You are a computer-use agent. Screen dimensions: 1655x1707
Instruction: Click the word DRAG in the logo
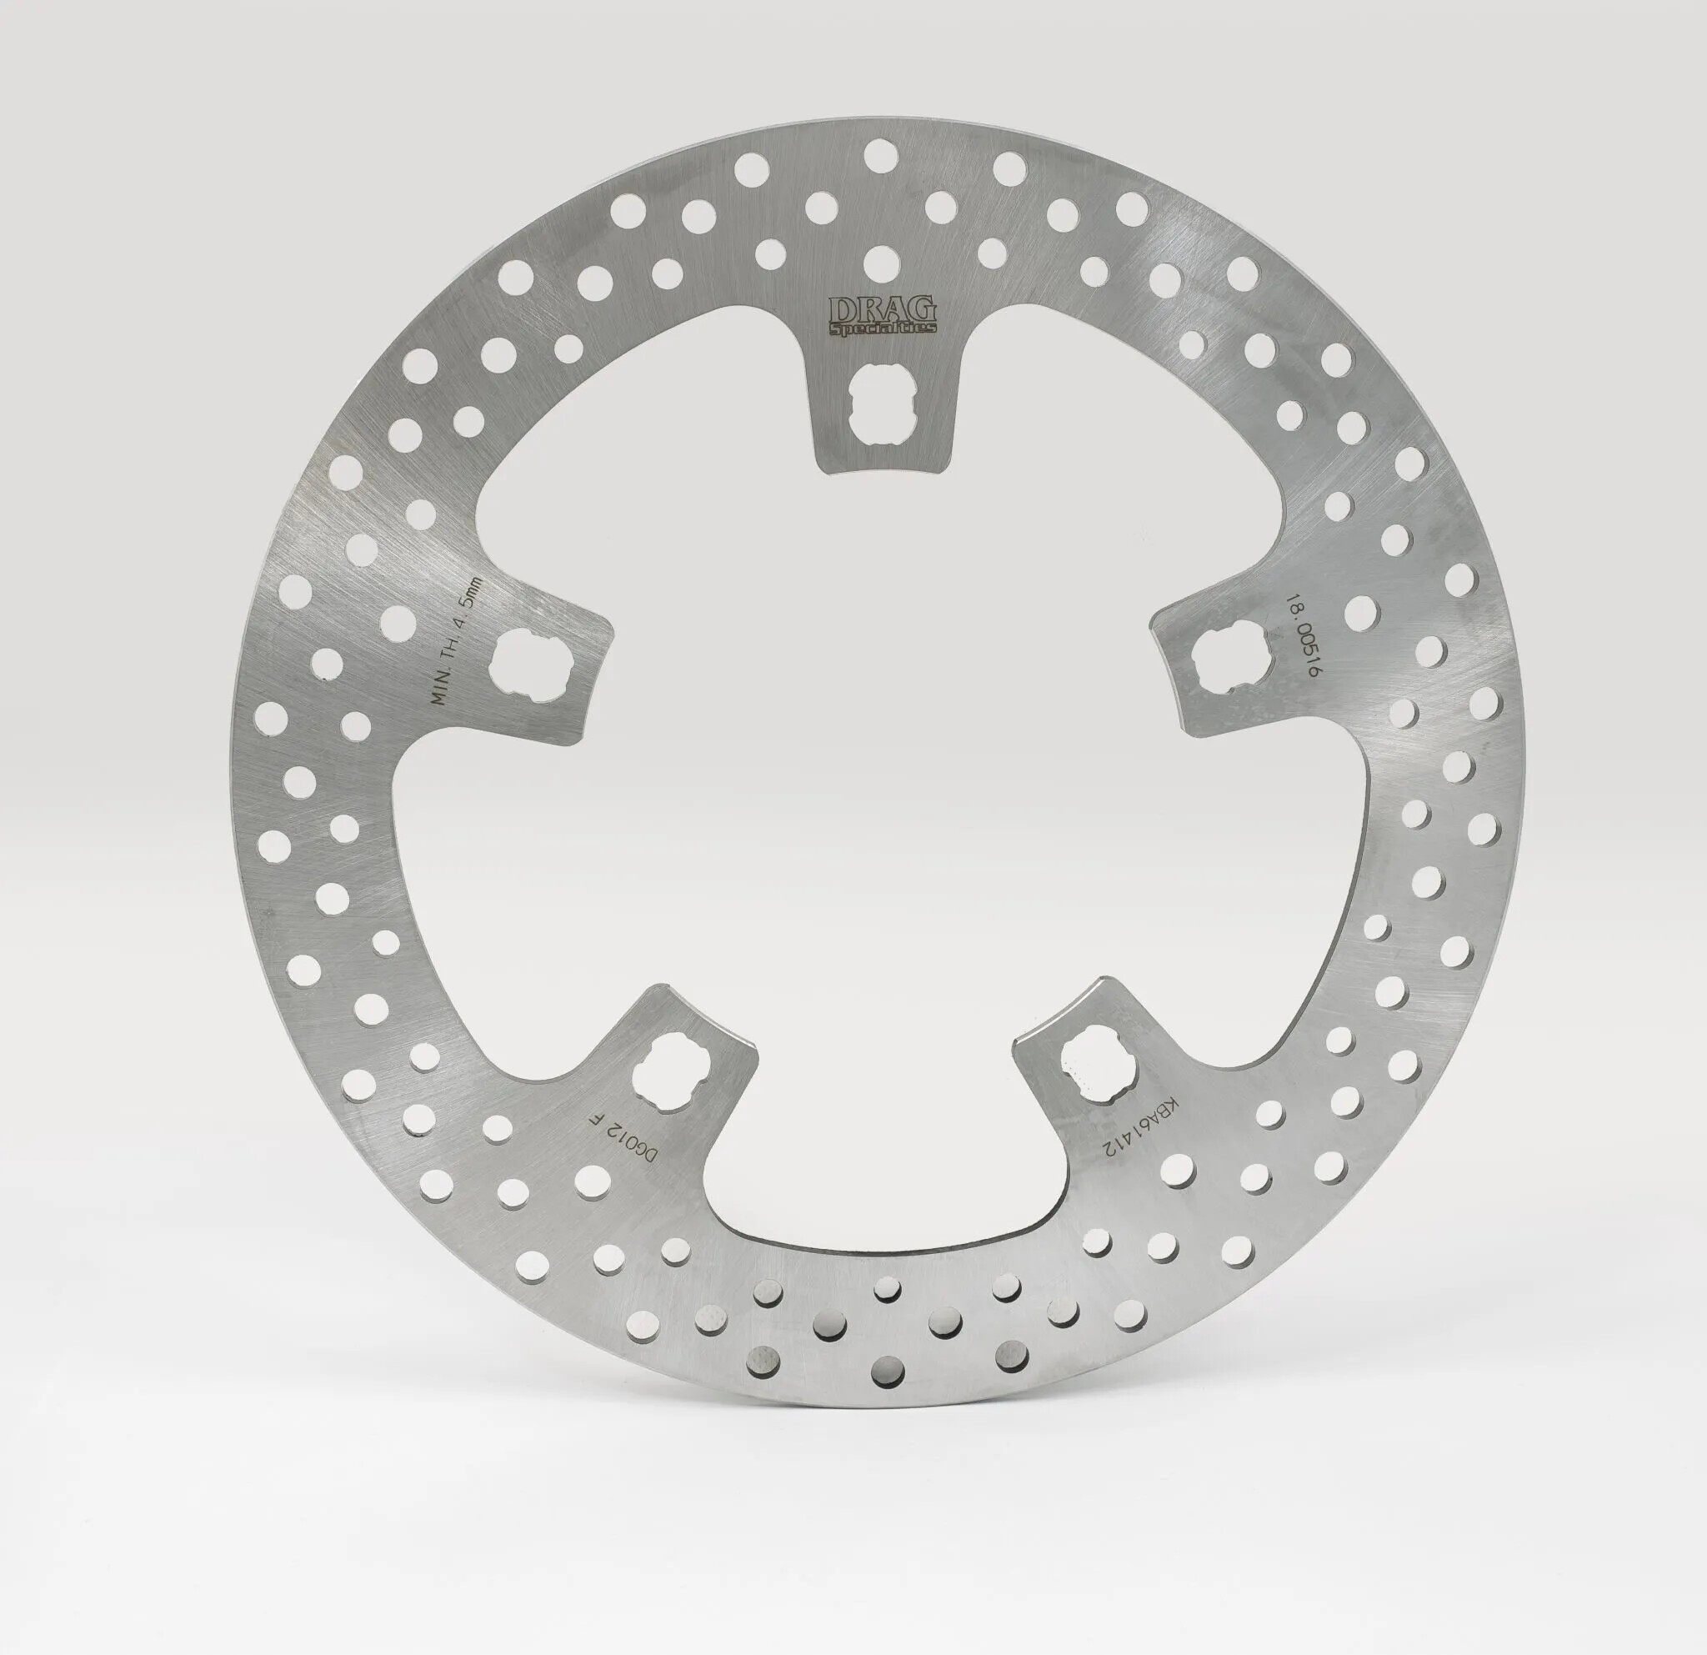coord(881,309)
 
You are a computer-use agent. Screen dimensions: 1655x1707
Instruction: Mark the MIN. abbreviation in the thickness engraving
coord(444,687)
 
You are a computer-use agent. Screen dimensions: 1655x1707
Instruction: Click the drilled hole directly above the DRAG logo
coord(882,260)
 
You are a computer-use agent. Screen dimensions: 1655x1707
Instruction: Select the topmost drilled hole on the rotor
coord(881,157)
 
